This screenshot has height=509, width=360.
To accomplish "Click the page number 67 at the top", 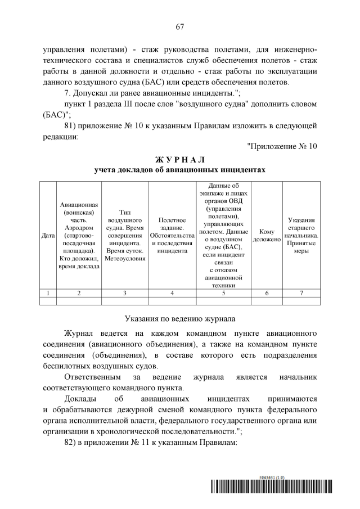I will [x=180, y=27].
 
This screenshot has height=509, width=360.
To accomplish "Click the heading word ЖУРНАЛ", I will [x=179, y=159].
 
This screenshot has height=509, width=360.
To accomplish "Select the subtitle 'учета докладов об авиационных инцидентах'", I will [x=179, y=169].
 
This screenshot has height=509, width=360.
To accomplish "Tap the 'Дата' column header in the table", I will [x=48, y=235].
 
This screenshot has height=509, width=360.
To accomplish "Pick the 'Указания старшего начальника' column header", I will [x=301, y=235].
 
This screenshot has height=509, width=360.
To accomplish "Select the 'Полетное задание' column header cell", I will [x=172, y=235].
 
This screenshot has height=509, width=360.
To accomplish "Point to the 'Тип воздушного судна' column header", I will [x=124, y=235].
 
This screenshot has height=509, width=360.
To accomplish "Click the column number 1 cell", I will [x=48, y=292].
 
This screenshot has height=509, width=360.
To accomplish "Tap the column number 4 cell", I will [x=172, y=292].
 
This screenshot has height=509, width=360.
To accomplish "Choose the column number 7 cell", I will [x=301, y=292].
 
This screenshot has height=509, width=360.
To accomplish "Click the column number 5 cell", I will [x=223, y=292].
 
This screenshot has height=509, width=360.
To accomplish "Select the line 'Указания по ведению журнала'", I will [x=179, y=318].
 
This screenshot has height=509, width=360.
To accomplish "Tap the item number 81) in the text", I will [x=72, y=125].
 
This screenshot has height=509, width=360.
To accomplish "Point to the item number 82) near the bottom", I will [x=72, y=442].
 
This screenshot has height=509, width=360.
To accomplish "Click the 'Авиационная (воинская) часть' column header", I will [x=79, y=235].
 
